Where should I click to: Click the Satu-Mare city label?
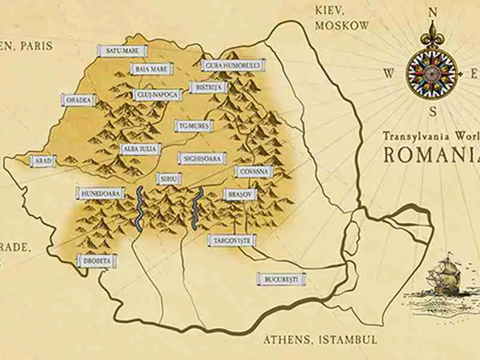(x=122, y=51)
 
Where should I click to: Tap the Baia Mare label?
(x=151, y=69)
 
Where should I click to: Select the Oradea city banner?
(x=79, y=100)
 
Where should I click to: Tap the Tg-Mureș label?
(x=194, y=126)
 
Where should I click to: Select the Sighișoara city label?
(x=202, y=158)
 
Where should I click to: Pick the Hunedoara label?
(x=100, y=193)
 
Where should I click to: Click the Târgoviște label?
(x=232, y=241)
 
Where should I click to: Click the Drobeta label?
(x=97, y=261)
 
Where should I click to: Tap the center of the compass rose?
(x=432, y=73)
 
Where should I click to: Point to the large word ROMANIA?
(x=431, y=154)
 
